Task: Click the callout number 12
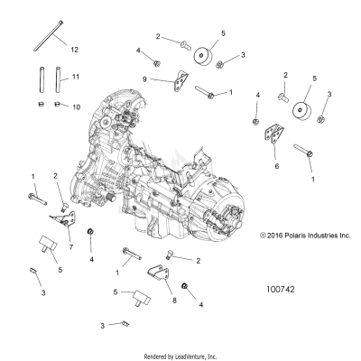pyautogui.click(x=74, y=48)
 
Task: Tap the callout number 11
pyautogui.click(x=75, y=78)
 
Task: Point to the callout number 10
pyautogui.click(x=76, y=106)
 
